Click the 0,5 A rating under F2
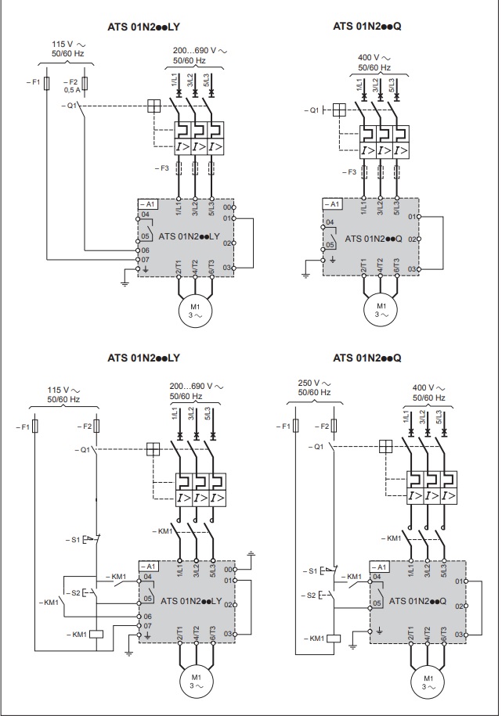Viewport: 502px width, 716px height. [x=72, y=90]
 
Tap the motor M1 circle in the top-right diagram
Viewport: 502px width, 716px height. [x=381, y=310]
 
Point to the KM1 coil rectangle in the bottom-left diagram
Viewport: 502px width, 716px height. [x=96, y=635]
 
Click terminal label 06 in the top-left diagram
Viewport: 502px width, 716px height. [x=146, y=250]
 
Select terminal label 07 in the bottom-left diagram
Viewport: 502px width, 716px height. [x=147, y=625]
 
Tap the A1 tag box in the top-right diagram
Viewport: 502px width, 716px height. [x=332, y=203]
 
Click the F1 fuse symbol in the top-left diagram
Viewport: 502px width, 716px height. [x=46, y=83]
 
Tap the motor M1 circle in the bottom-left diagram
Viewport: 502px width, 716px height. [x=196, y=681]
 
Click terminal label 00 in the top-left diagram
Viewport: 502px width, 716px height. [x=227, y=207]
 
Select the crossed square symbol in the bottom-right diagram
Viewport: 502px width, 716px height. [x=386, y=446]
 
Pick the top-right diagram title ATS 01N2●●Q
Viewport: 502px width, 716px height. [x=367, y=26]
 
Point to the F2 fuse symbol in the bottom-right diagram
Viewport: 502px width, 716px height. [x=334, y=426]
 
